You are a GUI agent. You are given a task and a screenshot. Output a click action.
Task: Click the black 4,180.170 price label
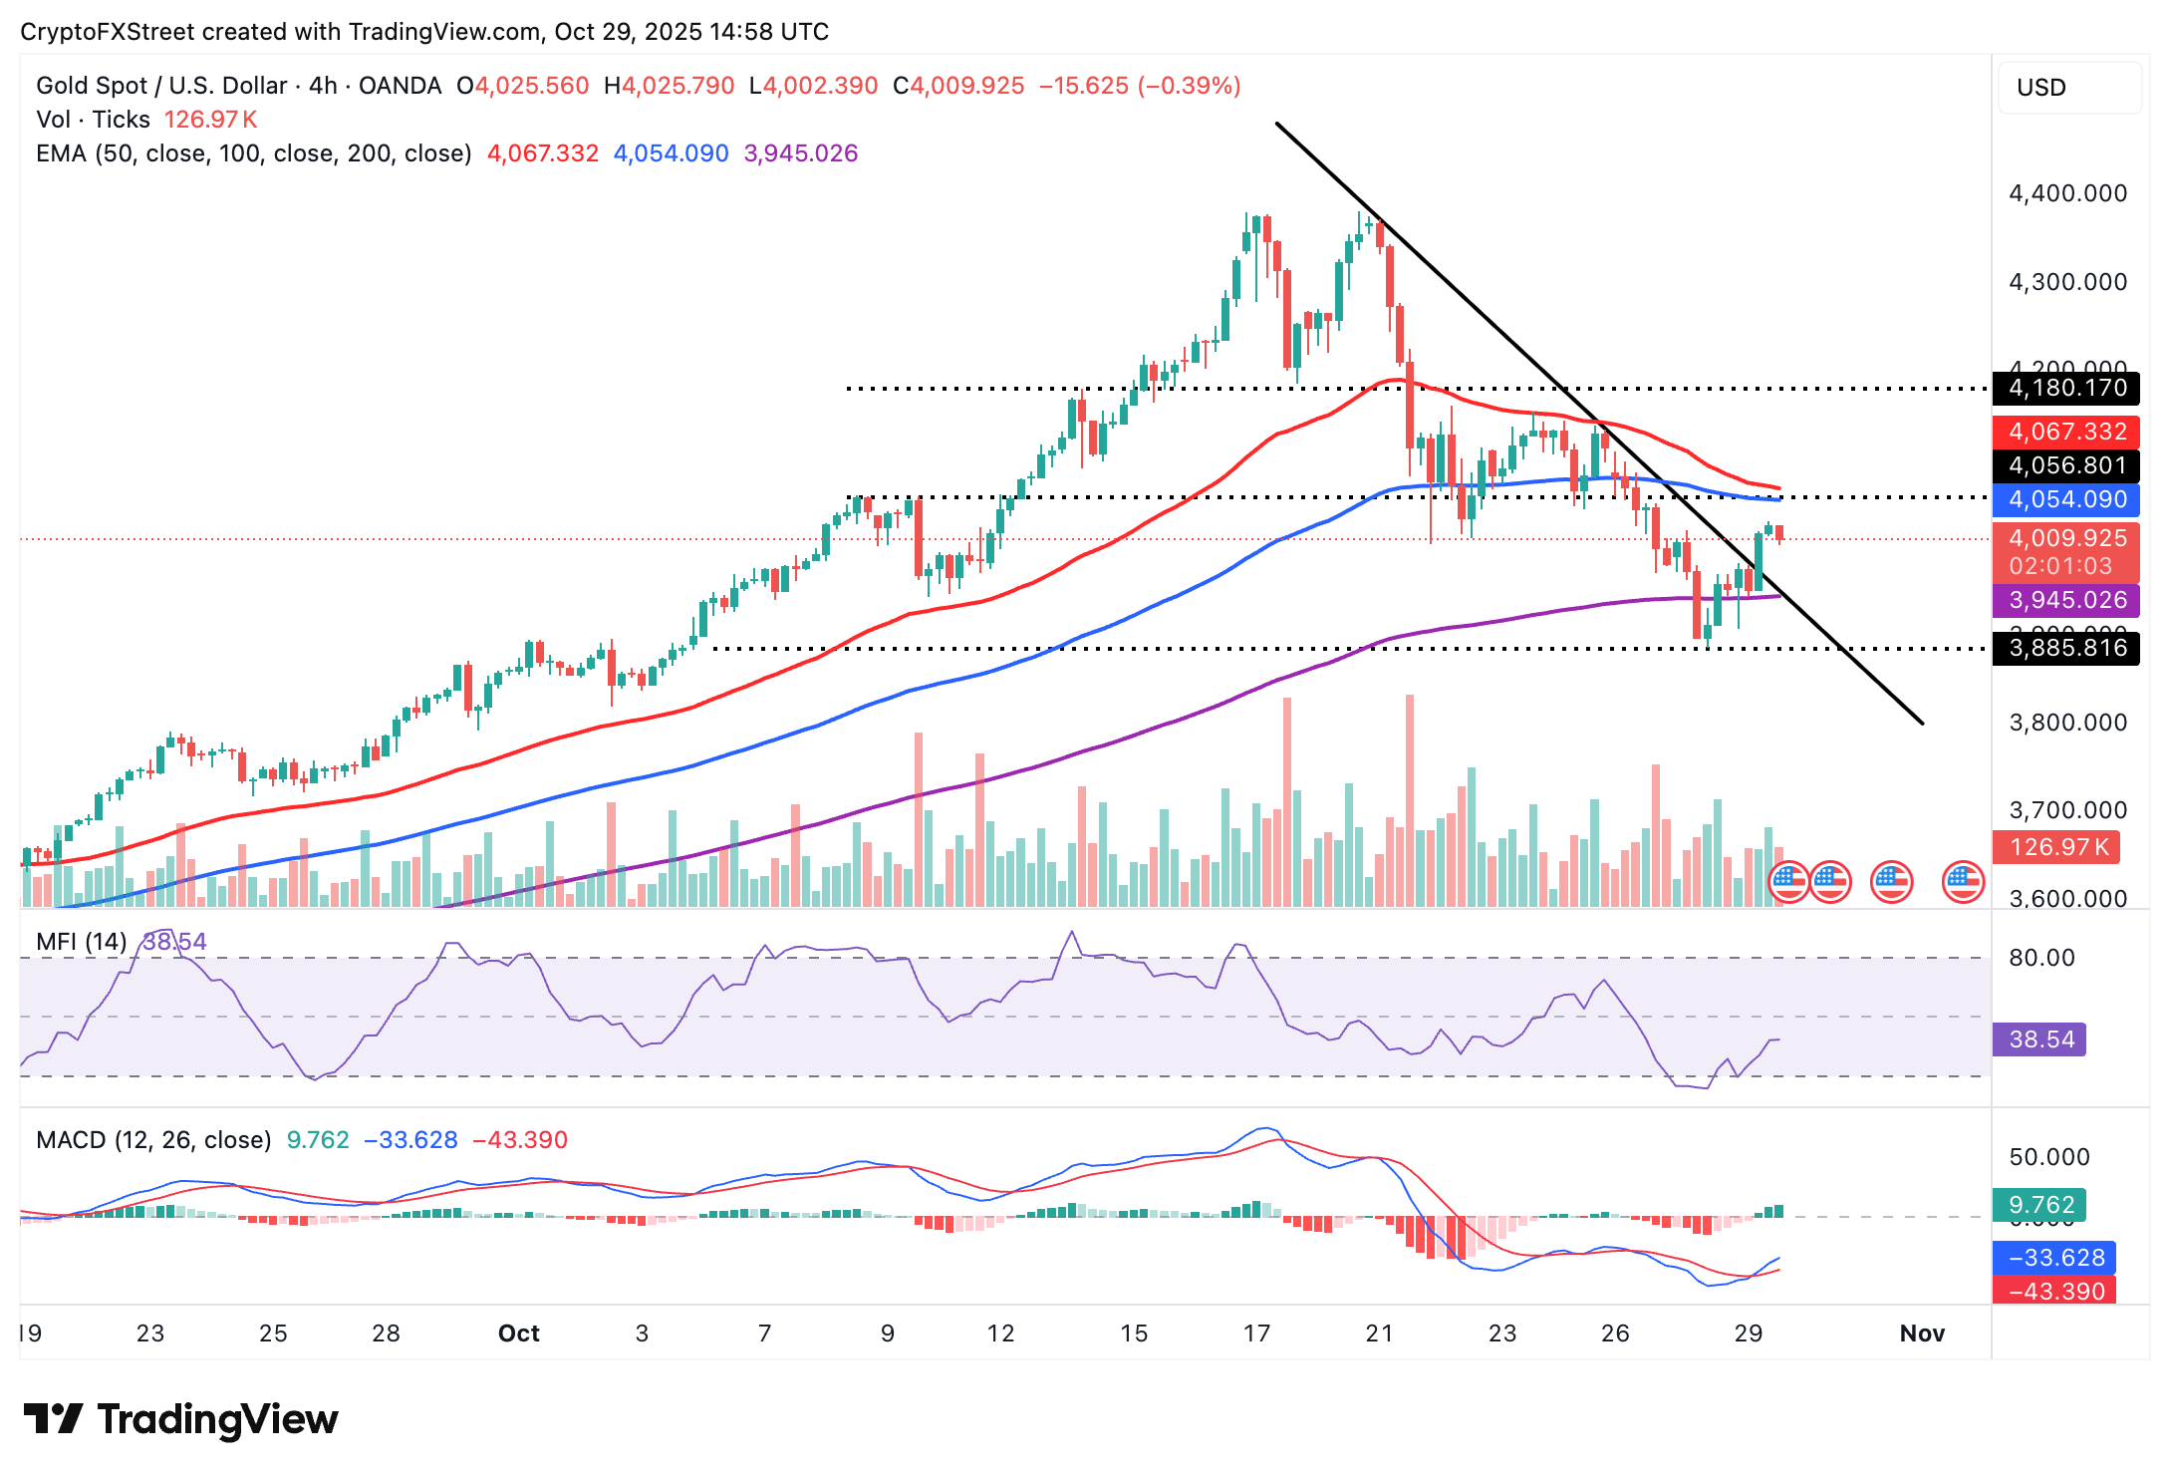pos(2065,388)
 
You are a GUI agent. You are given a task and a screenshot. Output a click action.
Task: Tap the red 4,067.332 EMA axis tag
pos(2065,432)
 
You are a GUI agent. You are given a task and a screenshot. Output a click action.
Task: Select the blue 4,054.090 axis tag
pos(2065,499)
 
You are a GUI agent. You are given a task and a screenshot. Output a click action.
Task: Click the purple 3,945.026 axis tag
pos(2065,600)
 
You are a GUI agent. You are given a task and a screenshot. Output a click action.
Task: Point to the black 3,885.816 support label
pos(2065,648)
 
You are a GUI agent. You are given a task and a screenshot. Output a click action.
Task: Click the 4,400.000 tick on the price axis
pos(2067,193)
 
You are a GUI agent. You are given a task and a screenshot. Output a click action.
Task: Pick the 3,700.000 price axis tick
pos(2067,810)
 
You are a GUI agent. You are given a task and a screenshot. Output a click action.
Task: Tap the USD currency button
pos(2068,88)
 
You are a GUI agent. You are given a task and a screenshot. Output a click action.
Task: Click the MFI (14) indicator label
pos(81,942)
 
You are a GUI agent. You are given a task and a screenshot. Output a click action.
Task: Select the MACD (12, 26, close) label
pos(153,1139)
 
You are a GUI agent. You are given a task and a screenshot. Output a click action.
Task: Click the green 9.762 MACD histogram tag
pos(2039,1205)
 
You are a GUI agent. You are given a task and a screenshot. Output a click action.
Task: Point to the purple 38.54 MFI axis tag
pos(2039,1039)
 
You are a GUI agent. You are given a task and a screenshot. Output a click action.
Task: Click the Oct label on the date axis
pos(518,1333)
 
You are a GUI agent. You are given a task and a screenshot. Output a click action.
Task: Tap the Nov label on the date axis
pos(1922,1333)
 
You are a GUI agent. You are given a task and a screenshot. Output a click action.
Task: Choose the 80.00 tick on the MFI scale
pos(2041,958)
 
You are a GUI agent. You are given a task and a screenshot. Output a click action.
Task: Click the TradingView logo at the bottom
pos(180,1419)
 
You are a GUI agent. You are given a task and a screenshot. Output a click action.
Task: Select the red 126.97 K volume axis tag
pos(2056,847)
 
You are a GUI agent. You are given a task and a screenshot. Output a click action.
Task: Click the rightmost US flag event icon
pos(1963,881)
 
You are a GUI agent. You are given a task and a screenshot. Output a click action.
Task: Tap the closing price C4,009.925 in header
pos(958,86)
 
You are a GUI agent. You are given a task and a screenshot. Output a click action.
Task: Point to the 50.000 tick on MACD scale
pos(2048,1157)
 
